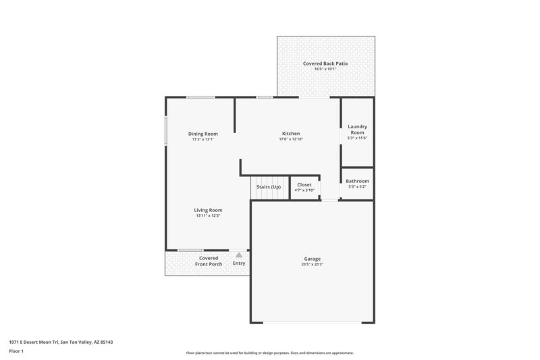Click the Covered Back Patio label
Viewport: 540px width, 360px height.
point(326,63)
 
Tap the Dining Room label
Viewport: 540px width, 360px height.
point(203,134)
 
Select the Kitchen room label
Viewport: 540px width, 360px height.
point(290,134)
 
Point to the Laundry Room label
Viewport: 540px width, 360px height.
point(357,130)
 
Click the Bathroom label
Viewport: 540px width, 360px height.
point(357,181)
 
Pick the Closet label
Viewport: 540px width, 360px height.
point(304,184)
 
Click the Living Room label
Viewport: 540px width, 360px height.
point(209,210)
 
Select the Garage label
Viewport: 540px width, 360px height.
point(312,259)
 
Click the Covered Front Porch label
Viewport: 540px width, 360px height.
point(209,261)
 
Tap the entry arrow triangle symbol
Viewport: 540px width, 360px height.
point(238,255)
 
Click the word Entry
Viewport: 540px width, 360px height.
point(239,263)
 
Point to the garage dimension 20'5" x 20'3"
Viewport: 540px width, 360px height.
point(312,264)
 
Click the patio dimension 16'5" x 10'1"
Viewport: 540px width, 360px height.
point(326,69)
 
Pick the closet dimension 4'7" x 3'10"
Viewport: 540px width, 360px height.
point(304,190)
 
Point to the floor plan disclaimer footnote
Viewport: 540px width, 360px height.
point(270,353)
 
